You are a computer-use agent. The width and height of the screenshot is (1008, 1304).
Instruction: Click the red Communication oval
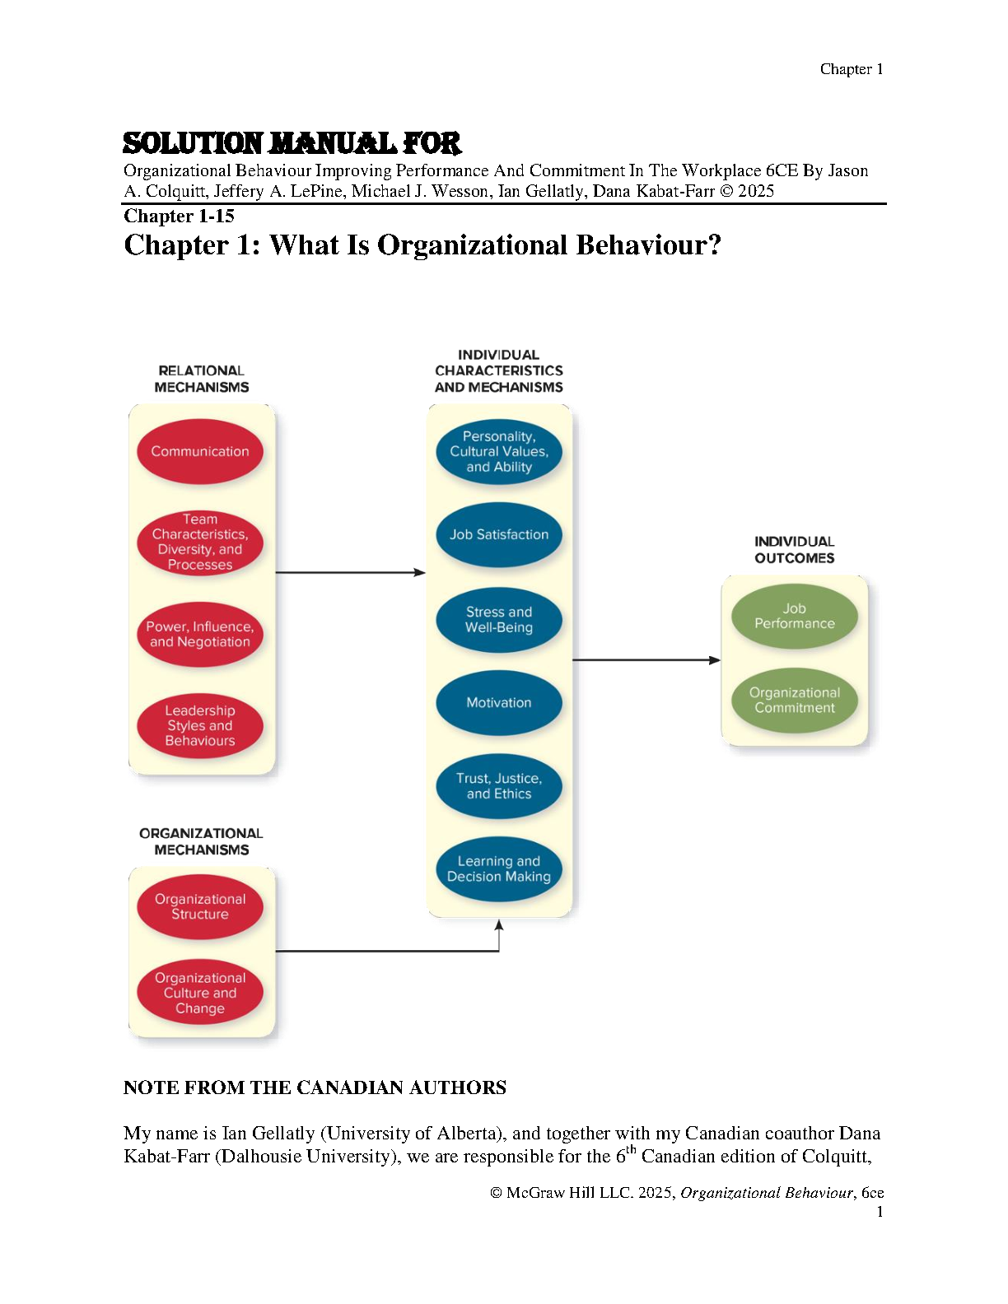[200, 451]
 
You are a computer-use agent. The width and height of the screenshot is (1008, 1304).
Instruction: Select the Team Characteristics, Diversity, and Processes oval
[200, 543]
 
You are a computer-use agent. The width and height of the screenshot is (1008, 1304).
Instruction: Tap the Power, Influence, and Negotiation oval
[200, 634]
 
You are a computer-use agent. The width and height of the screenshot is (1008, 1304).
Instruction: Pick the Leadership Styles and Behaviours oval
[200, 725]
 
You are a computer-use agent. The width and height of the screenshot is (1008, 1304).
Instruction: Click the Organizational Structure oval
[200, 906]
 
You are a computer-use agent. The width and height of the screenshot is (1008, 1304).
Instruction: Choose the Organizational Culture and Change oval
[200, 993]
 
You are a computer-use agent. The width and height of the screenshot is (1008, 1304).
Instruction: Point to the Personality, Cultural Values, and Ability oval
[499, 451]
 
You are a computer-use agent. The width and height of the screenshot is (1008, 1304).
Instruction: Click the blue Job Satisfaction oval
[499, 534]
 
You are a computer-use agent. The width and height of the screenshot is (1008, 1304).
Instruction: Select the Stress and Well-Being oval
[499, 620]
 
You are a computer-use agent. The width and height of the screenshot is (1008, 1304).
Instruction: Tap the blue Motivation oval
[499, 702]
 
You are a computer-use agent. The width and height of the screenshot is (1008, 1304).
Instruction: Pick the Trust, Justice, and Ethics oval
[499, 786]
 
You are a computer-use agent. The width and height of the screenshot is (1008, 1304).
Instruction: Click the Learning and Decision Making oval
[499, 869]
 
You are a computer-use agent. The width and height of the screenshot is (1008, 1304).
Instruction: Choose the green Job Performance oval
[795, 616]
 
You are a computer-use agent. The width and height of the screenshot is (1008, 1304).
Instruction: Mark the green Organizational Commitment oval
[795, 701]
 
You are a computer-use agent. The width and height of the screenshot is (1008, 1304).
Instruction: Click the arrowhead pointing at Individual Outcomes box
[715, 660]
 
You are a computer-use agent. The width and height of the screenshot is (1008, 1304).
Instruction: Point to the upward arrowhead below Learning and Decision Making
[499, 926]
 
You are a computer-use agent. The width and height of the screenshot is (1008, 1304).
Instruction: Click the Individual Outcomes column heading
[795, 550]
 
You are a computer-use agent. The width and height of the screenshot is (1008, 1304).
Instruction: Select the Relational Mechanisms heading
[202, 379]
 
